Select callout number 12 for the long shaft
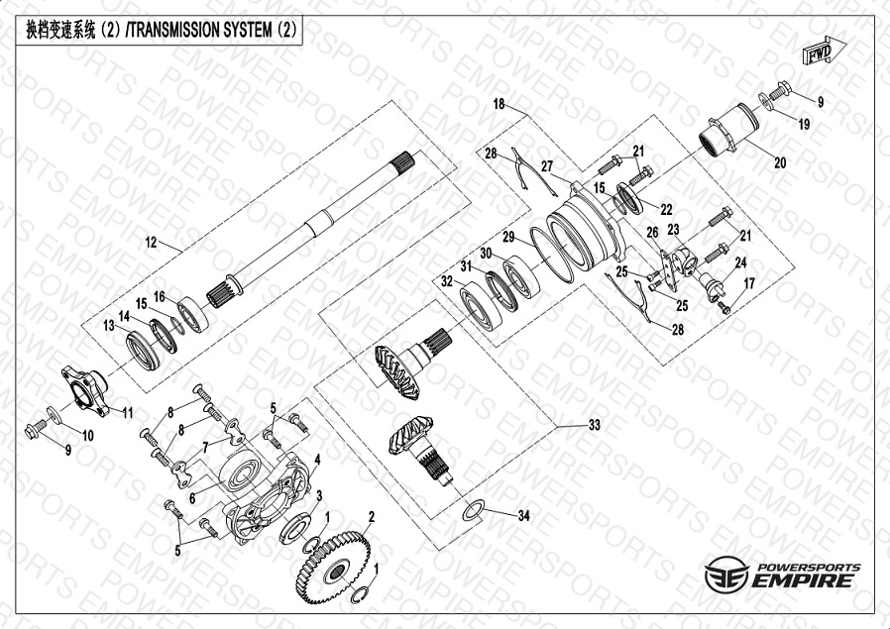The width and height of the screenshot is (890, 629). pyautogui.click(x=151, y=243)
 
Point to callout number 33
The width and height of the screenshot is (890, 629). pyautogui.click(x=594, y=425)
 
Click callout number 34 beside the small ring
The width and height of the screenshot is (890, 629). pyautogui.click(x=523, y=515)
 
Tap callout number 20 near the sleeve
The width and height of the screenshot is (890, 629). pyautogui.click(x=780, y=162)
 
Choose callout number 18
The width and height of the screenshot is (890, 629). pyautogui.click(x=499, y=104)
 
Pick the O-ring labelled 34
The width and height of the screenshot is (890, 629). pyautogui.click(x=474, y=510)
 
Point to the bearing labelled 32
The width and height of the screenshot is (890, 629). pyautogui.click(x=481, y=305)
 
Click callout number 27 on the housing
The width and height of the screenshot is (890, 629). pyautogui.click(x=547, y=166)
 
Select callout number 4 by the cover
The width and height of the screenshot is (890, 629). pyautogui.click(x=317, y=460)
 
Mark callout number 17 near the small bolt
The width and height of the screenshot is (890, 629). pyautogui.click(x=749, y=283)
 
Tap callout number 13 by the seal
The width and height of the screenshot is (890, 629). pyautogui.click(x=109, y=325)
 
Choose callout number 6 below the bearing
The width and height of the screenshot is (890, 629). pyautogui.click(x=192, y=498)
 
